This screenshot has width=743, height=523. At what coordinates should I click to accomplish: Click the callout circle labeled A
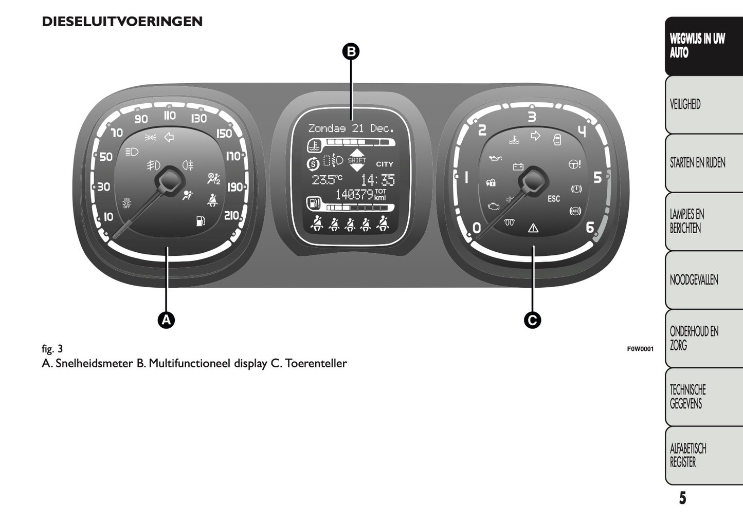(166, 320)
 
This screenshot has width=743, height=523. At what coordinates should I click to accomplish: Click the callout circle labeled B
(351, 51)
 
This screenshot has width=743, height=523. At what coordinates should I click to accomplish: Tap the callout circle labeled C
(532, 320)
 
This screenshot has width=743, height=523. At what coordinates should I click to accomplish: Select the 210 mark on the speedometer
(231, 215)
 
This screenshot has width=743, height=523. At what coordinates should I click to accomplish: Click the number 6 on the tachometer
(590, 227)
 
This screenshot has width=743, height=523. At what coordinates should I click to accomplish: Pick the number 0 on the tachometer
(477, 228)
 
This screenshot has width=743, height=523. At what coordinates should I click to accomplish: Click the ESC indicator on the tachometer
(554, 199)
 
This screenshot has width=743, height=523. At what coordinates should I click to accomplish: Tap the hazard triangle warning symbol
(533, 228)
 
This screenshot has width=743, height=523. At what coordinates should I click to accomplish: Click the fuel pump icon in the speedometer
(201, 221)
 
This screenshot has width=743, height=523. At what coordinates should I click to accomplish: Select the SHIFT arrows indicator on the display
(357, 160)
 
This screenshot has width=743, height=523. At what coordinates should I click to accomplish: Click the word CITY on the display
(385, 164)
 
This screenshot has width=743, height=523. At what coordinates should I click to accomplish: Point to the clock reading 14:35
(377, 180)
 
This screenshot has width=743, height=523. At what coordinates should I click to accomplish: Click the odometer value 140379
(354, 195)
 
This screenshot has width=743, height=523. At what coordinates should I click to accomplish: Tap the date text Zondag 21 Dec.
(351, 128)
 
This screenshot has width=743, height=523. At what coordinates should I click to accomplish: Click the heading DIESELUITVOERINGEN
(122, 22)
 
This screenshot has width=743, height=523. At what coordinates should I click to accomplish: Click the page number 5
(682, 498)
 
